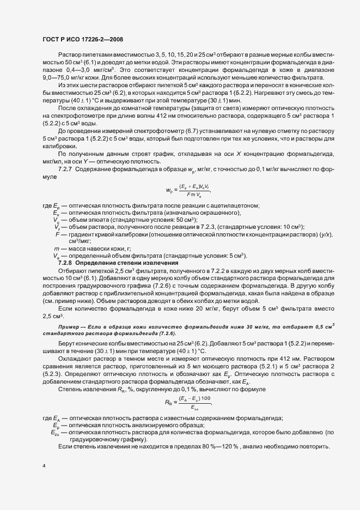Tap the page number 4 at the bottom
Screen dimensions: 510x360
44,466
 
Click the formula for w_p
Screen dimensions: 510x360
188,190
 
